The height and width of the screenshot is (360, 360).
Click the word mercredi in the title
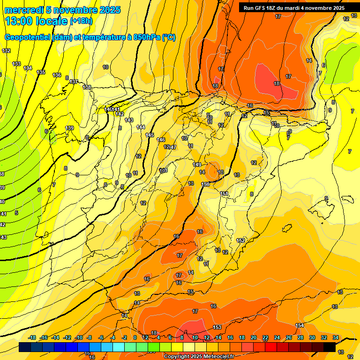pos(25,10)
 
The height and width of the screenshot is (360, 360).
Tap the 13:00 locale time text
pos(36,21)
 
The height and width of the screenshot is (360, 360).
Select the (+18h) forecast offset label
pos(81,21)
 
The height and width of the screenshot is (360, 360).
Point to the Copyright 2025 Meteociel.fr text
pos(199,356)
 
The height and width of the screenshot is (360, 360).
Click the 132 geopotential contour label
pos(6,51)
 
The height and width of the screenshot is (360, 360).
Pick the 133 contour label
pos(16,64)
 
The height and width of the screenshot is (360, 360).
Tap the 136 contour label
pos(57,75)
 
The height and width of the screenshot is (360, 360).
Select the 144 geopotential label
pos(141,127)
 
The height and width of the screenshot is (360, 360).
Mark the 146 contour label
pos(161,140)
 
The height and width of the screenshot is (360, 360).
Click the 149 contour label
pos(197,165)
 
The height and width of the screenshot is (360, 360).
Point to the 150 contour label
pos(205,184)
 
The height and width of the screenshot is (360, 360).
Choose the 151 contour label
pos(224,194)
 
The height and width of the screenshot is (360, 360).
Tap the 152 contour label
pos(240,240)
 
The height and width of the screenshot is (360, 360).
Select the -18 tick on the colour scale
pos(32,337)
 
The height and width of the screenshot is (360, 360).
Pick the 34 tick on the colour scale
pos(335,337)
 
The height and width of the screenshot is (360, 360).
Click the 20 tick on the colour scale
pos(254,337)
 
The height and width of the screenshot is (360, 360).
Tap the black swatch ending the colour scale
pos(330,347)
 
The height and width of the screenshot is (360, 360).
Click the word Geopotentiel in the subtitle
pos(26,37)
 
